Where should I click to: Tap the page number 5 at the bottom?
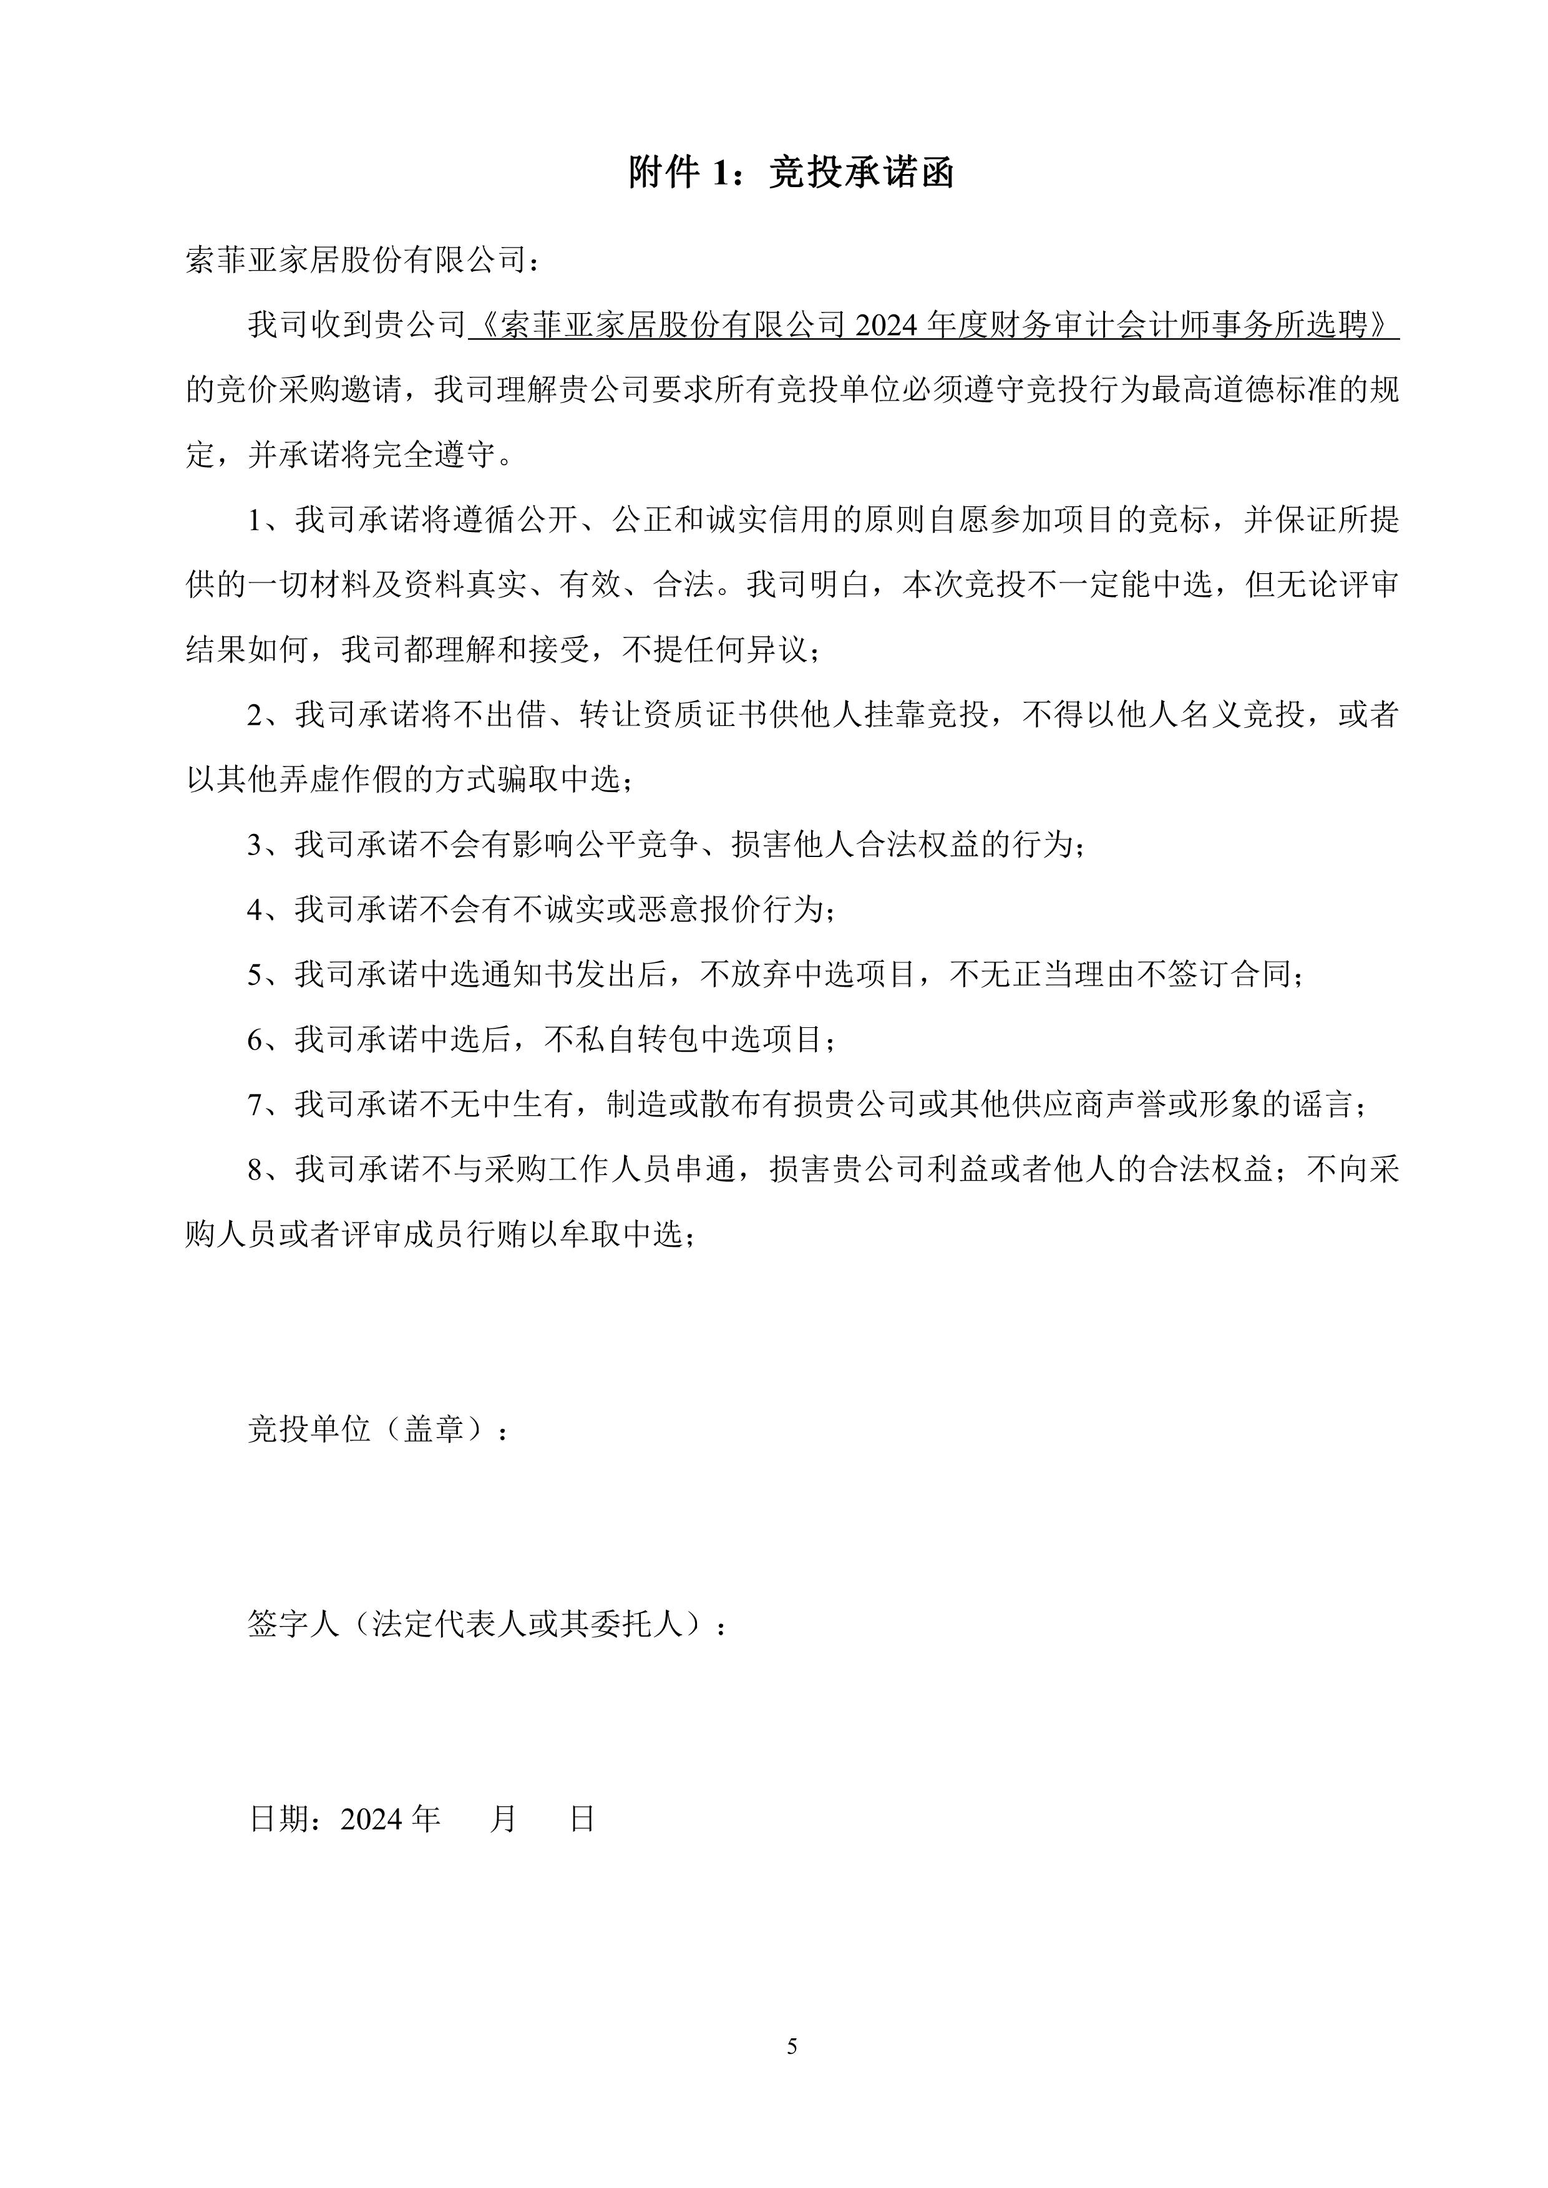click(x=792, y=2046)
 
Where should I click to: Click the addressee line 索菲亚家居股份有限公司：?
click(x=363, y=260)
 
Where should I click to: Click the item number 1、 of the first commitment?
click(x=264, y=520)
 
